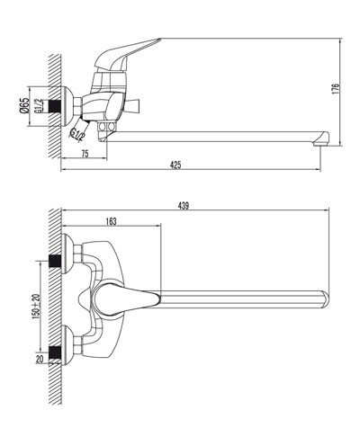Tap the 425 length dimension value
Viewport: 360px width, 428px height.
pos(175,165)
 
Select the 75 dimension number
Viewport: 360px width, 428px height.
pos(85,154)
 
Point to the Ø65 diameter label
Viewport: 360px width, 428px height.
pos(25,105)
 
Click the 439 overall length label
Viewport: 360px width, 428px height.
pos(184,206)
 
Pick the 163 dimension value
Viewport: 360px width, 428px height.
pos(111,221)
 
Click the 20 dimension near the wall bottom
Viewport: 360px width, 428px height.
pos(40,359)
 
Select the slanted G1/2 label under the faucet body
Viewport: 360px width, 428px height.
pos(76,133)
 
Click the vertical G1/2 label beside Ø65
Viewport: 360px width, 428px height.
pos(38,106)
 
